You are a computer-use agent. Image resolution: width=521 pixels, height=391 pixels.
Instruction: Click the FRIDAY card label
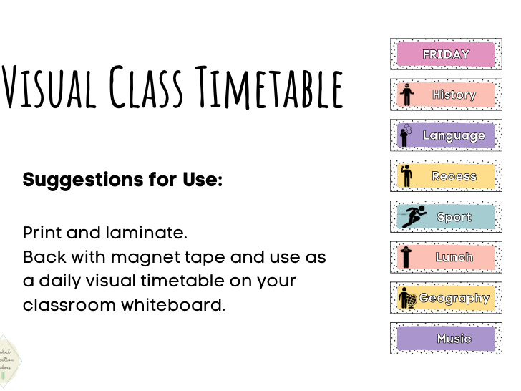pyautogui.click(x=446, y=54)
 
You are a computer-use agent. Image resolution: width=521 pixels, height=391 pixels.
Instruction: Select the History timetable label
pyautogui.click(x=454, y=95)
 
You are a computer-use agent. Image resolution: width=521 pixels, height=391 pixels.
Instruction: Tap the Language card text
pyautogui.click(x=454, y=135)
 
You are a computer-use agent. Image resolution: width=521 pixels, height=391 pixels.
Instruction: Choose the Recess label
pyautogui.click(x=454, y=176)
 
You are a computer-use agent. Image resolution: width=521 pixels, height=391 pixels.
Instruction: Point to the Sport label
pyautogui.click(x=454, y=217)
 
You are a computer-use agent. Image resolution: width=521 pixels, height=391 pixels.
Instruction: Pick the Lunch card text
pyautogui.click(x=454, y=257)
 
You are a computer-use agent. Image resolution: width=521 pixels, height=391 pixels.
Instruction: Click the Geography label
pyautogui.click(x=454, y=298)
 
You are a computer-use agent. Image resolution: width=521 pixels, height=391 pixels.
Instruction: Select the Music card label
pyautogui.click(x=454, y=339)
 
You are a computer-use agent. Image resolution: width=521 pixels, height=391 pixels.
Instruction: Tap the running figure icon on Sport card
pyautogui.click(x=414, y=216)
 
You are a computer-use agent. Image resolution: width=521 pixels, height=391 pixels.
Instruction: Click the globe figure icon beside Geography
pyautogui.click(x=407, y=299)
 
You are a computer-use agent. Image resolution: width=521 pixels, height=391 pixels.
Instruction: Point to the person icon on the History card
pyautogui.click(x=407, y=95)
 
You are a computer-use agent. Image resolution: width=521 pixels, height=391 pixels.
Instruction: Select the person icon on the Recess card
pyautogui.click(x=406, y=175)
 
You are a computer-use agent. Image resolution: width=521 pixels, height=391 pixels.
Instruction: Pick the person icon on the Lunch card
pyautogui.click(x=406, y=257)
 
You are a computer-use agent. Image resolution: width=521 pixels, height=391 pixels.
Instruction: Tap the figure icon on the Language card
pyautogui.click(x=406, y=135)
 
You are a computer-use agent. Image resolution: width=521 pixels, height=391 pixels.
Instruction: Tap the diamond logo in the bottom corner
pyautogui.click(x=9, y=362)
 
